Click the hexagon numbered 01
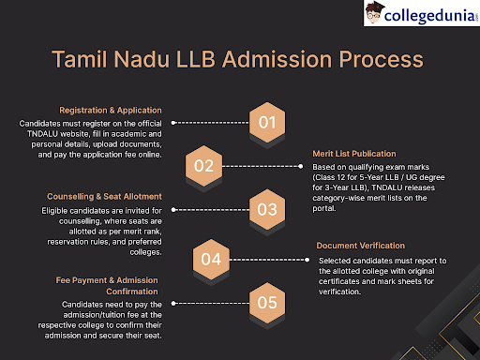[267, 122]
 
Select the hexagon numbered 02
[203, 167]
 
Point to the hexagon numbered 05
[267, 302]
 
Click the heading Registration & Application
[111, 110]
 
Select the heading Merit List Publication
[357, 153]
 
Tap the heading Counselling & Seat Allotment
[103, 197]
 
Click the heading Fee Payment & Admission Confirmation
[109, 285]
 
